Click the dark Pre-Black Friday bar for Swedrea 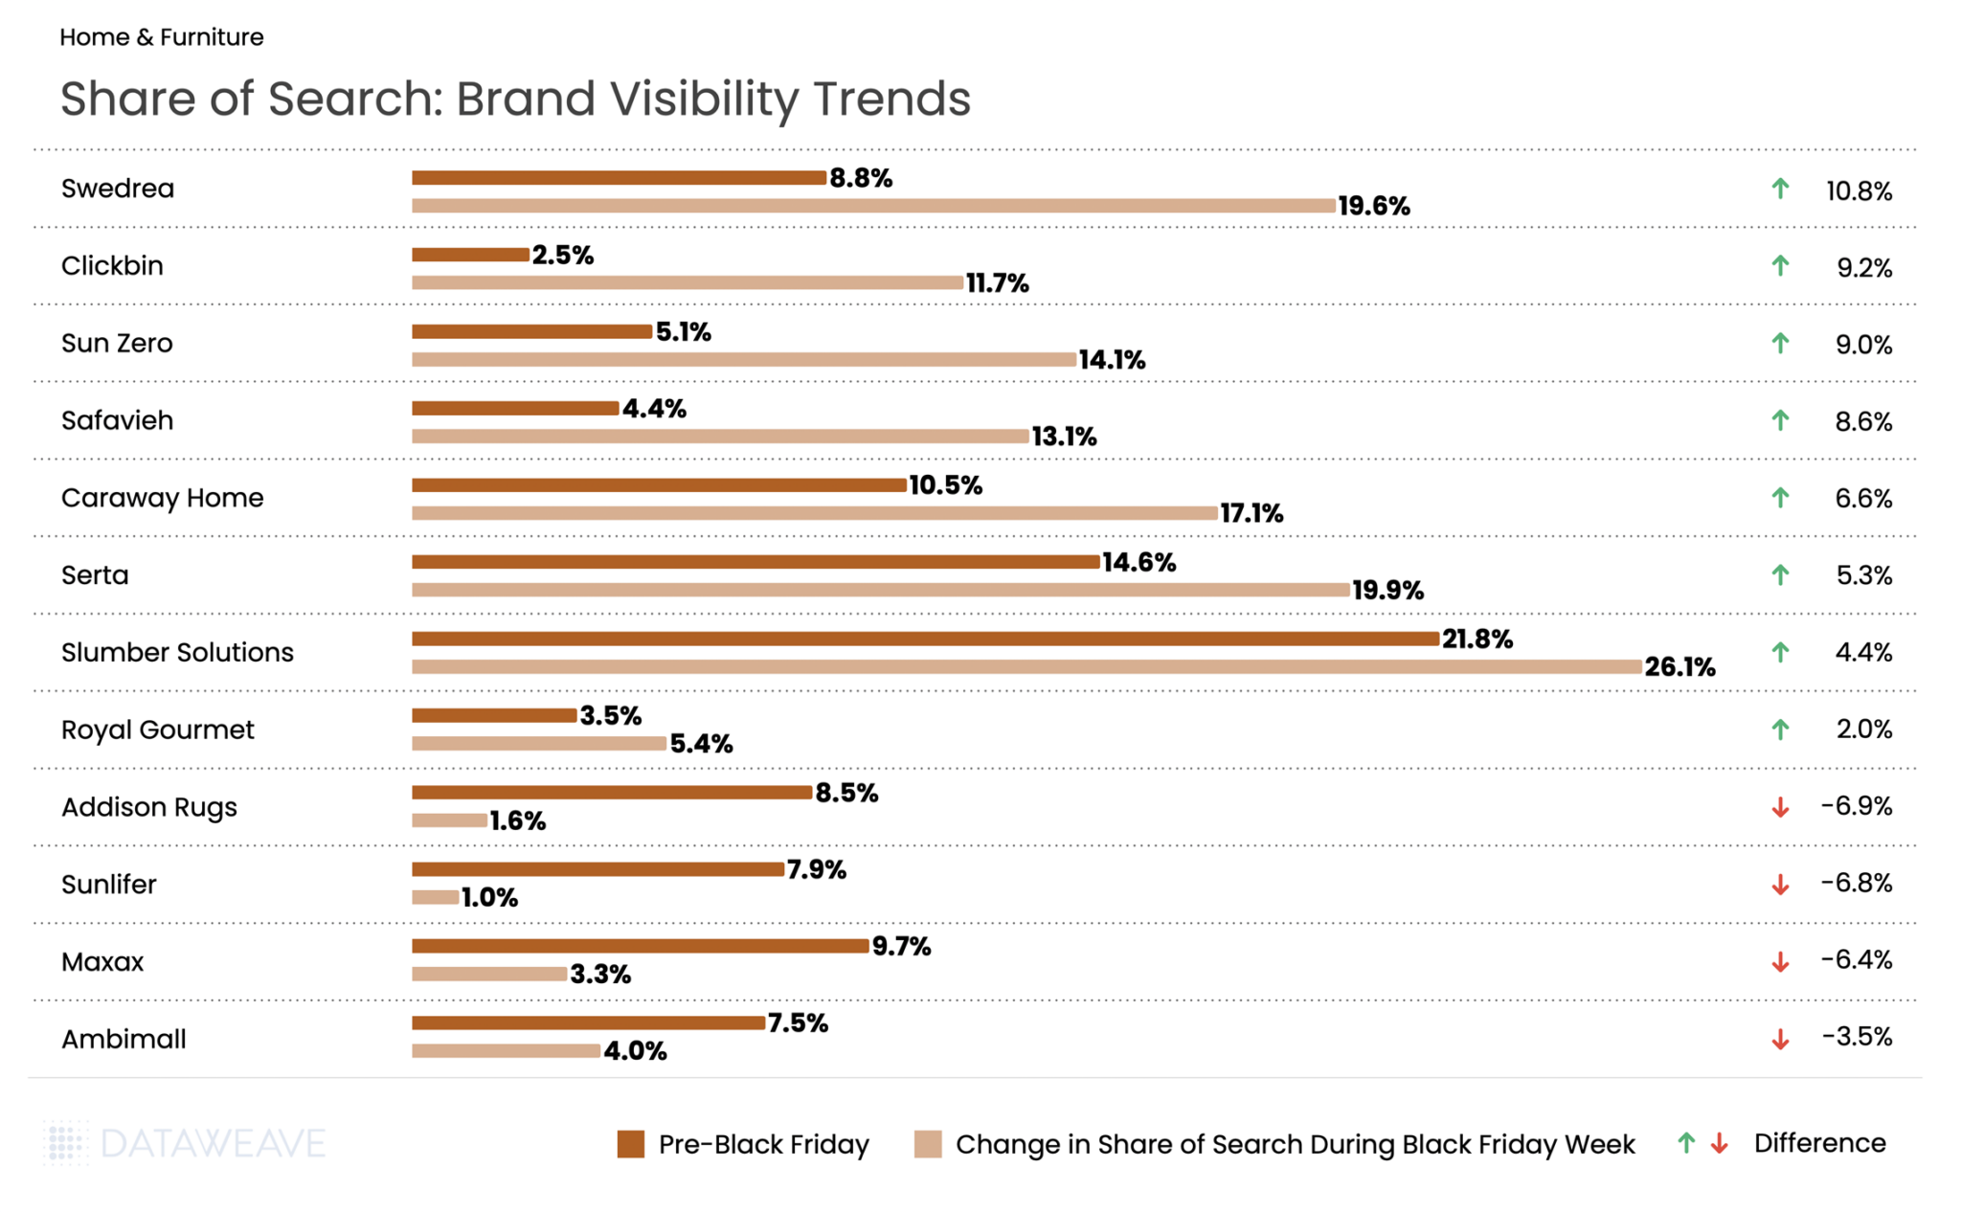(x=619, y=178)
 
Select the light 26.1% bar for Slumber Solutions (x=1026, y=666)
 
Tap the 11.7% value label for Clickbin (x=997, y=283)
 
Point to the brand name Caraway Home (x=162, y=498)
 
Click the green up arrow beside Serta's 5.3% (x=1780, y=574)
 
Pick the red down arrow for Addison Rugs (x=1780, y=807)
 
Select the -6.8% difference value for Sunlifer (x=1856, y=883)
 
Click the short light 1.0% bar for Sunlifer (x=436, y=897)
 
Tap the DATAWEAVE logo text (x=212, y=1143)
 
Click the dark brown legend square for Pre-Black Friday (x=631, y=1144)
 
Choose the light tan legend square (x=928, y=1144)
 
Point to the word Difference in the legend (x=1819, y=1143)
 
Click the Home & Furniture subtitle (x=162, y=37)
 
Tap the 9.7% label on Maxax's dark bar (x=901, y=947)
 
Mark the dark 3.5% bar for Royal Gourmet (x=494, y=715)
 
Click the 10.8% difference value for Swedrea (x=1859, y=191)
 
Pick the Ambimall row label (x=124, y=1039)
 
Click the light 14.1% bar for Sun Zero (x=744, y=360)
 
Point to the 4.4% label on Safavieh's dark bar (x=654, y=409)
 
